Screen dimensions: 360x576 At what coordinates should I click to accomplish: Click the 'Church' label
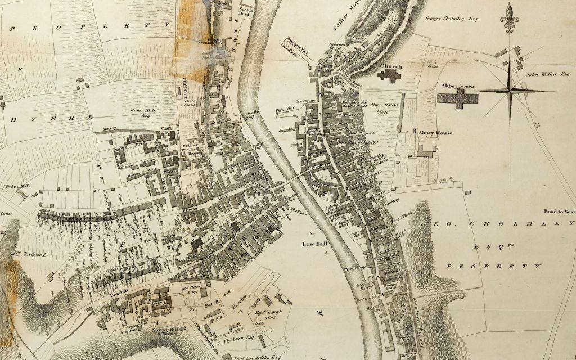[391, 66]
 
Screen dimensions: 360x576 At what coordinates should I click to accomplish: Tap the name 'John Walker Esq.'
[548, 73]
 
